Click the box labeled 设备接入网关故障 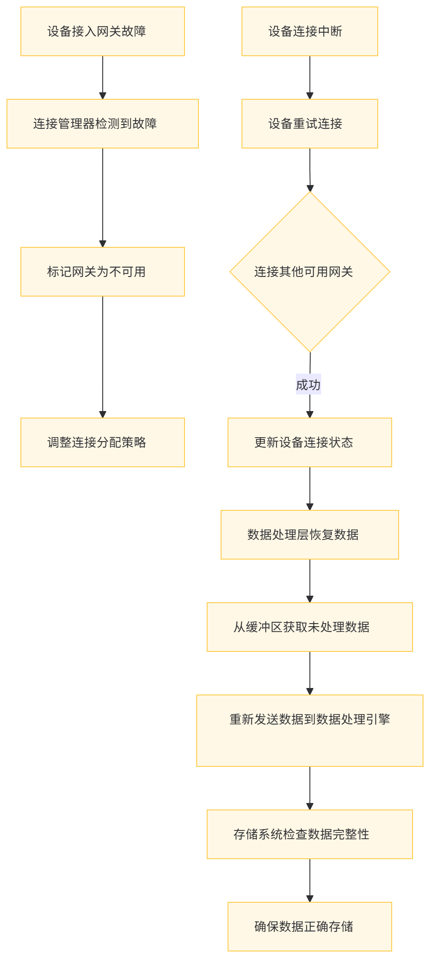coord(102,31)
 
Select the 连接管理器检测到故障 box coord(102,124)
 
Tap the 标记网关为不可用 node coord(102,272)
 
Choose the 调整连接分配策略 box coord(102,442)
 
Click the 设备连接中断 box coord(309,31)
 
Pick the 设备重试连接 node coord(309,124)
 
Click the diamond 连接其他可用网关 coord(309,272)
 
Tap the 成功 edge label coord(308,384)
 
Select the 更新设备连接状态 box coord(309,442)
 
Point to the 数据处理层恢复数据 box coord(309,535)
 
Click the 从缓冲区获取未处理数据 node coord(309,627)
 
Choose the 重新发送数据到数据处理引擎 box coord(309,730)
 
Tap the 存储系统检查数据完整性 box coord(309,834)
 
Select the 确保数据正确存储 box coord(309,927)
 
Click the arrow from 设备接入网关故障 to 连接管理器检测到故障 coord(103,78)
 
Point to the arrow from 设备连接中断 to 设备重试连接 coord(310,78)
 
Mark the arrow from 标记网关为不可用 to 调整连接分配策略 coord(103,357)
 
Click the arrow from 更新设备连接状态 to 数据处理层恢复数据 coord(310,488)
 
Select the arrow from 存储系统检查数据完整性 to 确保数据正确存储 coord(310,880)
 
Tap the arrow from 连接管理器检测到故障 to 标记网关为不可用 coord(103,198)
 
